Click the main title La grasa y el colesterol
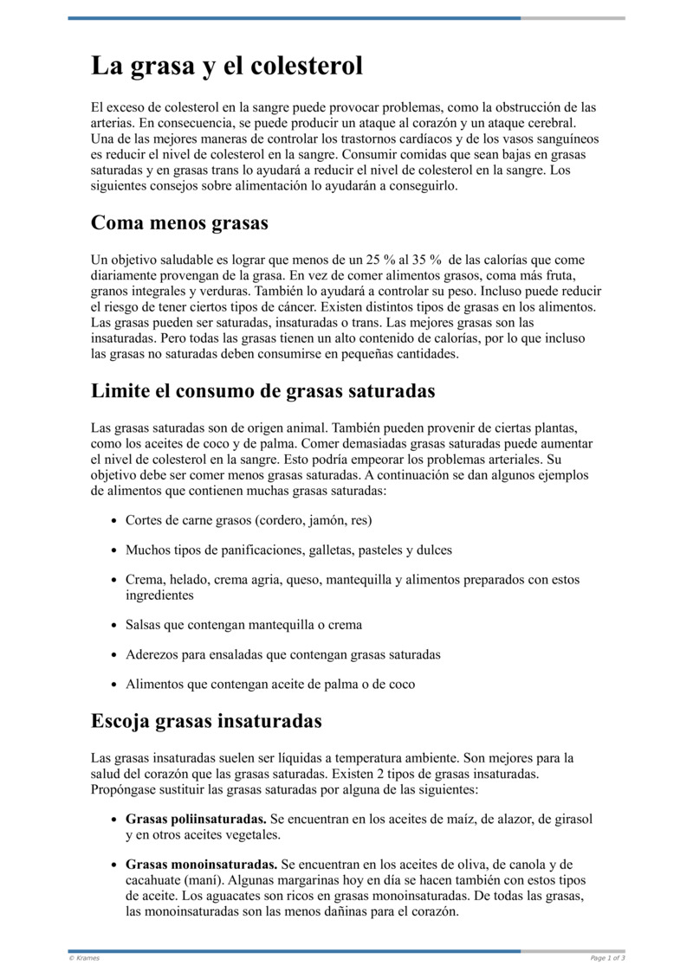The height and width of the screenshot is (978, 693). pos(227,67)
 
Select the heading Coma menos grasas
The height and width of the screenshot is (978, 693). pos(179,223)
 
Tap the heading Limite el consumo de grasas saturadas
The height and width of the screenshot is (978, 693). pos(262,390)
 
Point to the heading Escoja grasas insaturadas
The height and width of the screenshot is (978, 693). pos(206,720)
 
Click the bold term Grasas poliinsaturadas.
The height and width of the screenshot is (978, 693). pos(196,819)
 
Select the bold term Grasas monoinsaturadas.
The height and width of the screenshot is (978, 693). pos(201,865)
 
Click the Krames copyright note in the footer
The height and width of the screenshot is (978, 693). pos(84,958)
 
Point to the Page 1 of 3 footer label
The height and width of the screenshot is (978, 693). pos(608,958)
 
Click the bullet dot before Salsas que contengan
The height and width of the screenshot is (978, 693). pos(114,625)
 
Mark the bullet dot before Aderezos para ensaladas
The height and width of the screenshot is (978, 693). pos(114,655)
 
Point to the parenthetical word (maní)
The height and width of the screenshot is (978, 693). pos(204,880)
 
